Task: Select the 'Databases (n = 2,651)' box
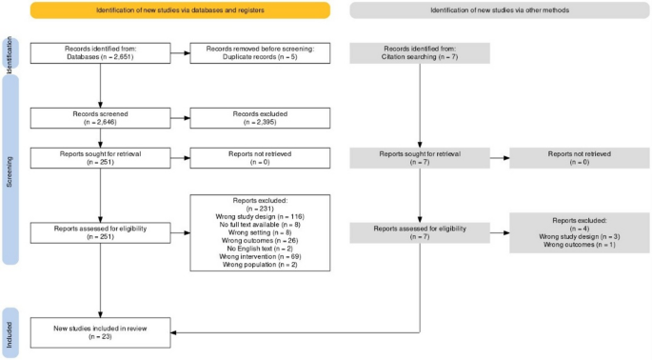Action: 100,54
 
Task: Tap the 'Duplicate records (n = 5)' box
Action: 260,54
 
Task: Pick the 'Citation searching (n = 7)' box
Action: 420,54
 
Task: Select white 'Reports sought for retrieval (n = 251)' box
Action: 100,158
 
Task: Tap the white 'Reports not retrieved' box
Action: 260,158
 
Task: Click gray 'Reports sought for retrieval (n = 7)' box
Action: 420,158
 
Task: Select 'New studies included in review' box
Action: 100,332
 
